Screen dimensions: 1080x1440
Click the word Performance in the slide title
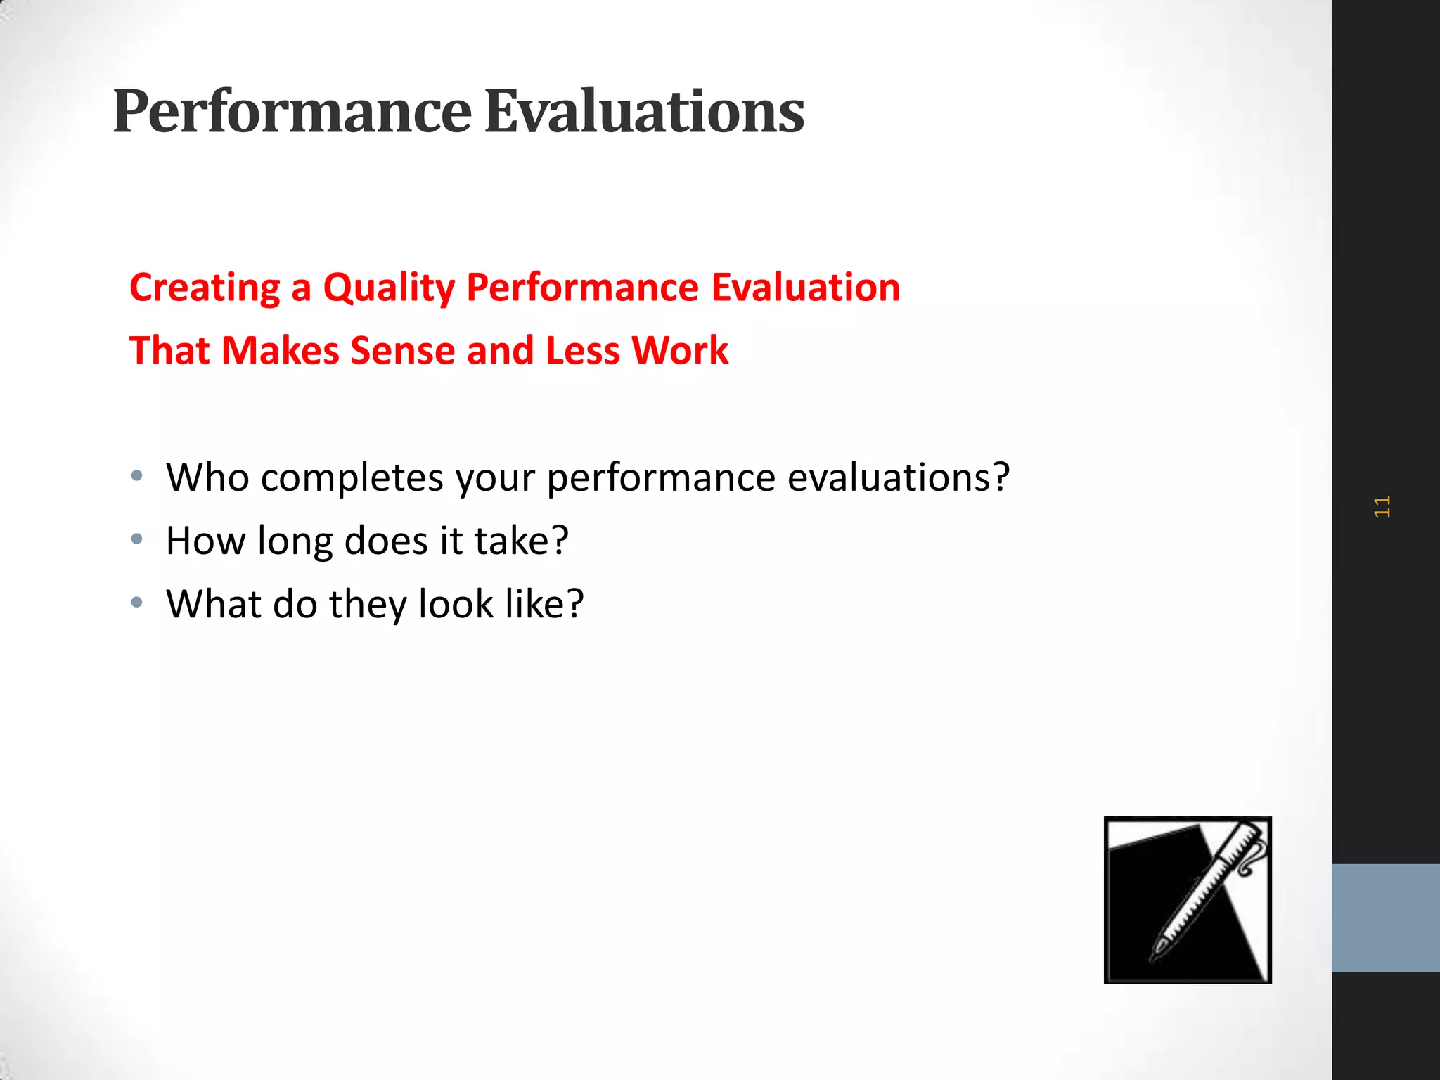click(292, 112)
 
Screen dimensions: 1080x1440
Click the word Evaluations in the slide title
click(644, 112)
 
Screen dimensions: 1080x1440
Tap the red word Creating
click(205, 288)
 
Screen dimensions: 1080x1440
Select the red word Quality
click(389, 288)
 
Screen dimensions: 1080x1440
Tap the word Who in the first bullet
click(207, 477)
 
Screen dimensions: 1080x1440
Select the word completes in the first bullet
click(352, 479)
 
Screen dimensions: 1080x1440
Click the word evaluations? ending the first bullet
click(898, 477)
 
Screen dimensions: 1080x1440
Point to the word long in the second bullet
click(295, 542)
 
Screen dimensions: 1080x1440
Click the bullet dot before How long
click(137, 539)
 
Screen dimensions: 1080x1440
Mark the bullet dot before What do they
click(137, 603)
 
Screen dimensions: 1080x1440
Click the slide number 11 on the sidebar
click(1382, 506)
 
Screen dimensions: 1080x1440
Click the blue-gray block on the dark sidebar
click(1385, 918)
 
